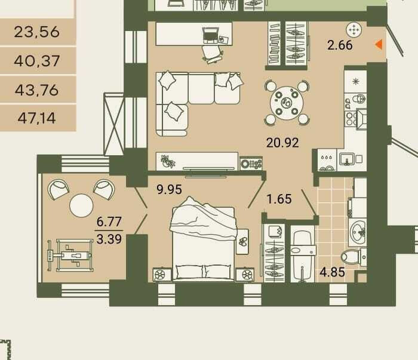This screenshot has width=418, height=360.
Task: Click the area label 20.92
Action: [282, 143]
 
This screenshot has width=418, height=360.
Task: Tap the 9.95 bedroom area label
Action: [169, 189]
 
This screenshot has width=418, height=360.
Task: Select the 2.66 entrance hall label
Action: [340, 45]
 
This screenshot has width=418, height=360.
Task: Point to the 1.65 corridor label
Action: [279, 199]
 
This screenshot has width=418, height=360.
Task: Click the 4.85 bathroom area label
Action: [333, 272]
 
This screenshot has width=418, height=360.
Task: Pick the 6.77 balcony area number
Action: [109, 221]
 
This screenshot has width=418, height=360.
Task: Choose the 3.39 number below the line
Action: [109, 239]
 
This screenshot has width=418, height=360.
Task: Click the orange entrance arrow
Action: [379, 44]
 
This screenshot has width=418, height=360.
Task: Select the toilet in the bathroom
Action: [354, 257]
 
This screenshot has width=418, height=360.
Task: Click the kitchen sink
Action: [346, 159]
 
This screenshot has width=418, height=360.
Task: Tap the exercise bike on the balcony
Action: [70, 256]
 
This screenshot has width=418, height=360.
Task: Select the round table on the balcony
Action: [81, 206]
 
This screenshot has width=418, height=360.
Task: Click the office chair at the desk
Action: [212, 54]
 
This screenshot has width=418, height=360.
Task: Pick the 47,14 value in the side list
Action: [37, 118]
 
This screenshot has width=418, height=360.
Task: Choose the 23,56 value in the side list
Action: [37, 32]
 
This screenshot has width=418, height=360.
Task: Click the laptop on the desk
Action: [211, 35]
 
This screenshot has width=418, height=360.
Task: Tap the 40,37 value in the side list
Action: [37, 61]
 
